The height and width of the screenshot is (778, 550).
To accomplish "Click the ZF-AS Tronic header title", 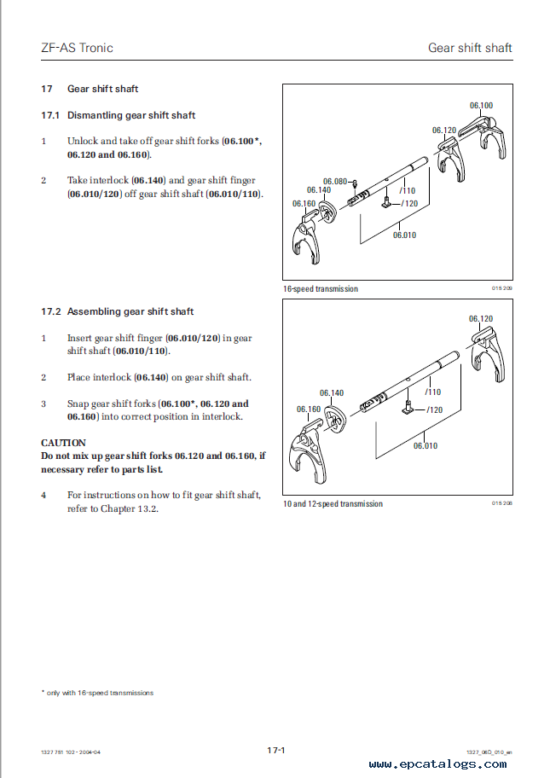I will (x=77, y=48).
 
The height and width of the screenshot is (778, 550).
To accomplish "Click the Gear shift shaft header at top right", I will (x=470, y=48).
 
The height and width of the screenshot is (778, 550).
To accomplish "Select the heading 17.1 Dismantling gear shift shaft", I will (x=119, y=115).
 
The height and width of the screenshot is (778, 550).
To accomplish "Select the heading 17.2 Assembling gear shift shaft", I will (x=118, y=311).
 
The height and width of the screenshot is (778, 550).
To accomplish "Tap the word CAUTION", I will (x=63, y=443).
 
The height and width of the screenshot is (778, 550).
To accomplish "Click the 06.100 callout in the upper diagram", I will (x=481, y=106).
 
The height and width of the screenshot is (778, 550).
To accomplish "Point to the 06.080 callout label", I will (x=334, y=181).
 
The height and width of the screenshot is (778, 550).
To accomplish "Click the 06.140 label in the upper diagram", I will (x=320, y=190).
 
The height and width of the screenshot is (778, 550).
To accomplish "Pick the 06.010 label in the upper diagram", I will (x=404, y=235).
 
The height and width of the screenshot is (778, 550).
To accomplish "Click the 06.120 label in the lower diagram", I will (x=480, y=319).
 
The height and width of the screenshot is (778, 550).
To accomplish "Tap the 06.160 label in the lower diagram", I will (x=309, y=409).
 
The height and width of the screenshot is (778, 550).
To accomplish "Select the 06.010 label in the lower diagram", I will (x=426, y=445).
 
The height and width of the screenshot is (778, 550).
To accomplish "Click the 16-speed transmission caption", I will (x=321, y=289).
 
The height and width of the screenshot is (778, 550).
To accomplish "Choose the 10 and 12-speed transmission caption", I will (x=333, y=504).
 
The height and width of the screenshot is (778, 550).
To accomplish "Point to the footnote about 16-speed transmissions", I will (x=97, y=693).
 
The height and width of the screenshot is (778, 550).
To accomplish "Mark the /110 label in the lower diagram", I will (x=433, y=392).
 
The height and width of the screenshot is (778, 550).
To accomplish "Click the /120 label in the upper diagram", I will (x=410, y=203).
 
